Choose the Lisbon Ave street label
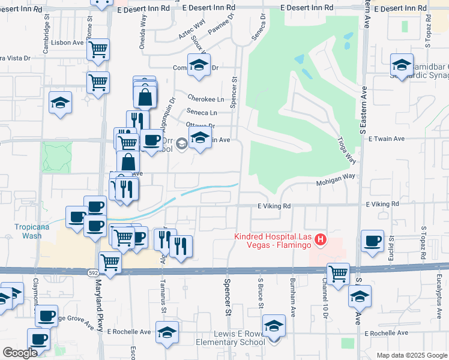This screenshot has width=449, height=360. (x=67, y=43)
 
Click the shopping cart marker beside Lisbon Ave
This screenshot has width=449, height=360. (x=98, y=50)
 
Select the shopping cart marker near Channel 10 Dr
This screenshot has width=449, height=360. (x=338, y=274)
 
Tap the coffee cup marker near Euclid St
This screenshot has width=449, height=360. (x=372, y=241)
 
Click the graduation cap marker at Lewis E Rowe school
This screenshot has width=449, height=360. (x=274, y=325)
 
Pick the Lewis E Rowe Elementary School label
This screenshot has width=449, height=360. (x=231, y=338)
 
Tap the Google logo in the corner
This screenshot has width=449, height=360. (x=20, y=353)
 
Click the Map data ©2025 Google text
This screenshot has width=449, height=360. (x=411, y=355)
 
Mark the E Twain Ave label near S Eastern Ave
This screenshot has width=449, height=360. (x=387, y=139)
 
